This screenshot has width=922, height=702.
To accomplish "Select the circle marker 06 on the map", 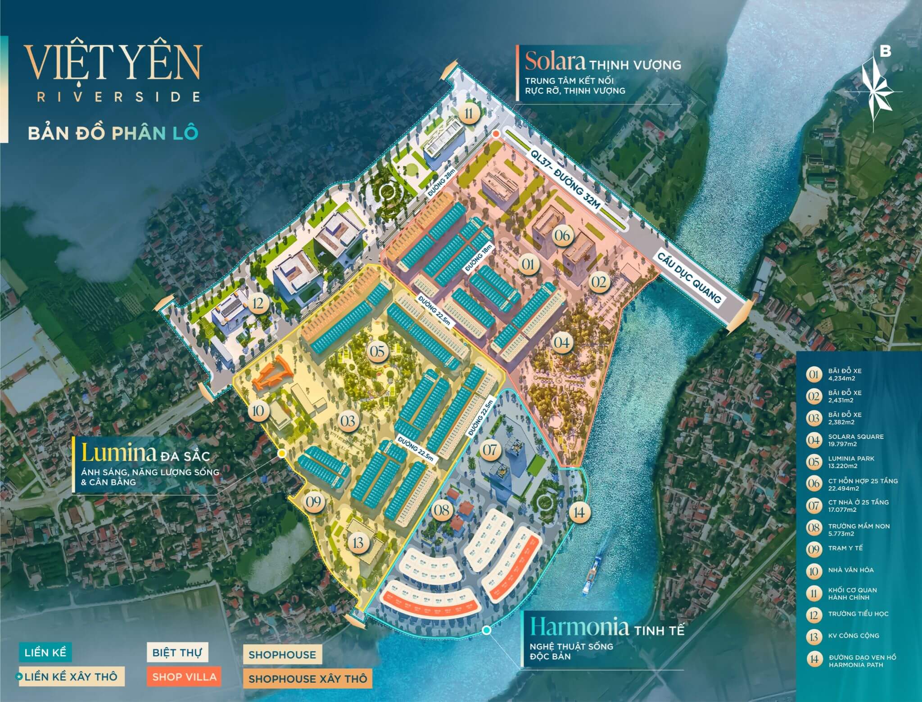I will click(x=562, y=235).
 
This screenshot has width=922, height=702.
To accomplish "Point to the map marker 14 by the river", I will click(x=579, y=512).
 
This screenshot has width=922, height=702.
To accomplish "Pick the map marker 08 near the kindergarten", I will click(x=442, y=510).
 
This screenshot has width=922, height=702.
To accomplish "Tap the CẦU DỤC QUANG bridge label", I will click(x=689, y=275).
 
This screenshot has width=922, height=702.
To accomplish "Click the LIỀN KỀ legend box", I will click(x=45, y=652).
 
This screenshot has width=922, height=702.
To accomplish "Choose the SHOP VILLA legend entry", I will click(x=184, y=677).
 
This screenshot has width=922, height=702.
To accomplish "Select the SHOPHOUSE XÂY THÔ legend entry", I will click(x=307, y=679).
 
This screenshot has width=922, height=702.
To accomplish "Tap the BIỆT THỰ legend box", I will click(x=177, y=652).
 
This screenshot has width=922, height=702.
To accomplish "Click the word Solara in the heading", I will click(x=555, y=62).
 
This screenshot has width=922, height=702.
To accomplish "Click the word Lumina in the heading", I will click(x=118, y=453).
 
